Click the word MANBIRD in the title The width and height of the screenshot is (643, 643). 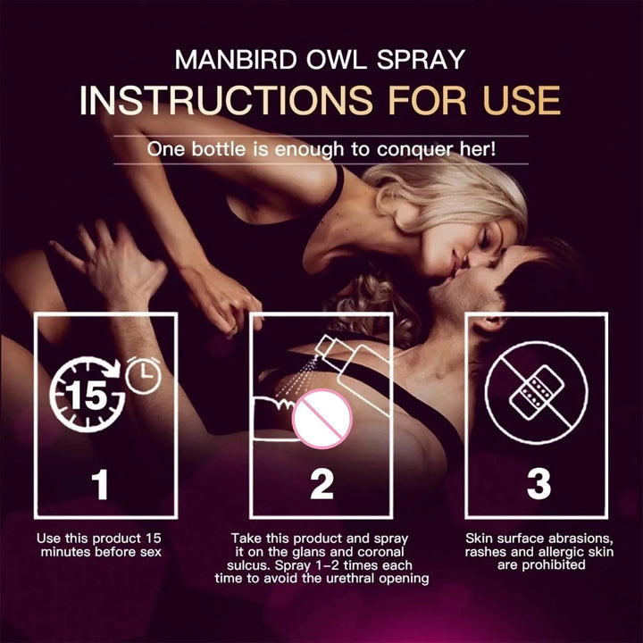click(236, 60)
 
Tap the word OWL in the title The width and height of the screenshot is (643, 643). click(337, 60)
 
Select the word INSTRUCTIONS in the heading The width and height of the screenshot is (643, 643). click(226, 100)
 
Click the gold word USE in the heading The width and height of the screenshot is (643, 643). click(522, 100)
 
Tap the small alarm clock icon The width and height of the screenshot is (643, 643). click(143, 375)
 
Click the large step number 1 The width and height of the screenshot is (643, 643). click(100, 485)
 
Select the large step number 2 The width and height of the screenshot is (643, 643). click(321, 485)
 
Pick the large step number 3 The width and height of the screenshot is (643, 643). click(539, 485)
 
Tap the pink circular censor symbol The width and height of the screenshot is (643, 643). click(322, 418)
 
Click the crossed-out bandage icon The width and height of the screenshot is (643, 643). click(537, 393)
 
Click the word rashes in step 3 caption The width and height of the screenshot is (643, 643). click(487, 552)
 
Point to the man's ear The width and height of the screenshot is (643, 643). click(488, 325)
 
